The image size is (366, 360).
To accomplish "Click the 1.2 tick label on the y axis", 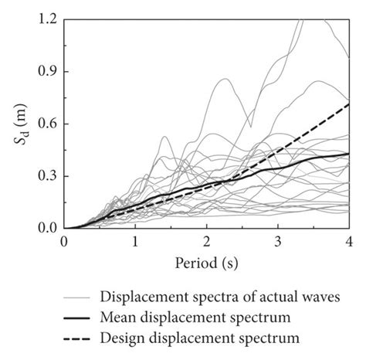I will point(45,19).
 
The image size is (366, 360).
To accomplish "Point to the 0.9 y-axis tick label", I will point(45,71).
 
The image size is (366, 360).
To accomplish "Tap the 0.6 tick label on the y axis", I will point(45,124).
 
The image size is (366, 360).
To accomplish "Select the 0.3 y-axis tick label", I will point(45,176).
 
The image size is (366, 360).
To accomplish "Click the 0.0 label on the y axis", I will point(45,229).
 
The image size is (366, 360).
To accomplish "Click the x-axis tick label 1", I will point(135,242).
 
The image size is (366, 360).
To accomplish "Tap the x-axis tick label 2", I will point(207,242).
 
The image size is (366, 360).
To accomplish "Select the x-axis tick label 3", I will point(278,242).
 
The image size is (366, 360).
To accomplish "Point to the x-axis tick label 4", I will point(349,242).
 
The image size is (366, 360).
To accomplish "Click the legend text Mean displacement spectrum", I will point(195,318).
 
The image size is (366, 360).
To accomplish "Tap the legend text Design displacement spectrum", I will point(200,338).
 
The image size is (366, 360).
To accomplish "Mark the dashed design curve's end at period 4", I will point(349,104).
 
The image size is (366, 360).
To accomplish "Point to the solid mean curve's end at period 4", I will point(349,154).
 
